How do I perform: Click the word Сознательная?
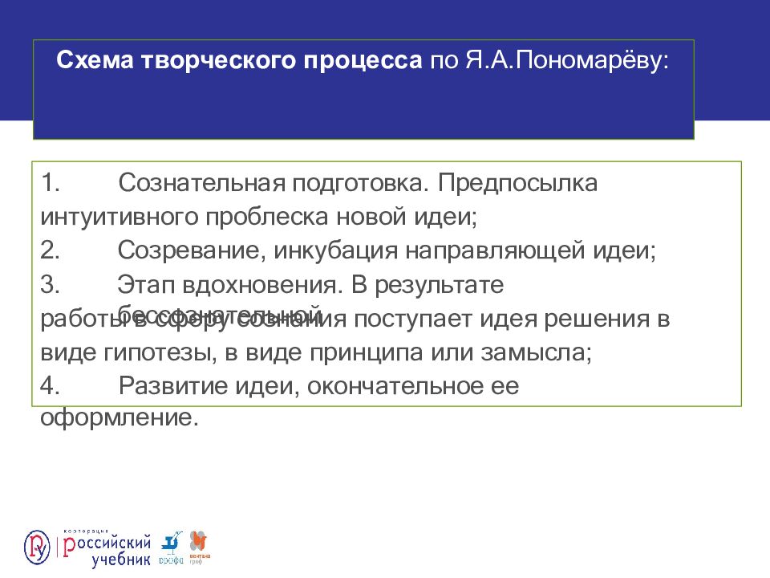(196, 183)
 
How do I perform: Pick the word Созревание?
(188, 250)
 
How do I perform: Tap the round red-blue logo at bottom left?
(38, 547)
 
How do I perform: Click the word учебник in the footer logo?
(120, 559)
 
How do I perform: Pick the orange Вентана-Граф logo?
(197, 546)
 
